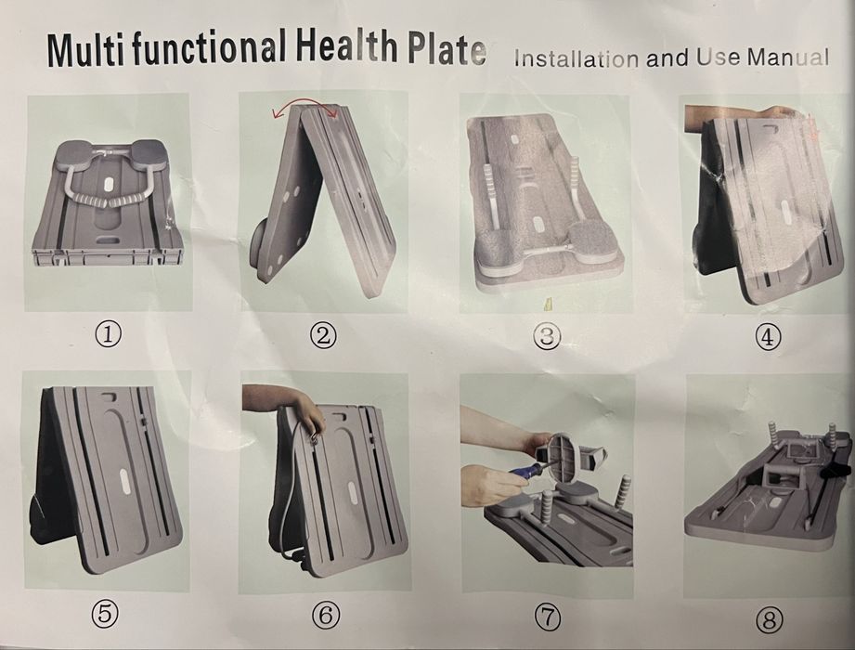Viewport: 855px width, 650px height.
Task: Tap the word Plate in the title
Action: [447, 49]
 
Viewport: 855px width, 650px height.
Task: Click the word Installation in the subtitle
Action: [576, 58]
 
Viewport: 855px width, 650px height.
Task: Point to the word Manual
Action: [788, 58]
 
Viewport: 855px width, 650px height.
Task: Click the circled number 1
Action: [108, 332]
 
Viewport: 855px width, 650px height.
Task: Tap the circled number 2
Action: [323, 335]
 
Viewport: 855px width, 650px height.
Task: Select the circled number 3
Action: [547, 336]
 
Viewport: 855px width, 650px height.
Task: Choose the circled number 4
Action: [768, 337]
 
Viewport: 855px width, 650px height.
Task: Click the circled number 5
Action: [105, 614]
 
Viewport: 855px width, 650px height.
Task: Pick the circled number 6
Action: [326, 615]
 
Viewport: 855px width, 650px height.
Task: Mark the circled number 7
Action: [548, 617]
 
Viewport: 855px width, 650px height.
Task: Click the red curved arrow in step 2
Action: [305, 101]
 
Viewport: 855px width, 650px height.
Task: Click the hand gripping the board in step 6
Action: [308, 414]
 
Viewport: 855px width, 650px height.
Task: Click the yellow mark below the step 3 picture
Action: [549, 305]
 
